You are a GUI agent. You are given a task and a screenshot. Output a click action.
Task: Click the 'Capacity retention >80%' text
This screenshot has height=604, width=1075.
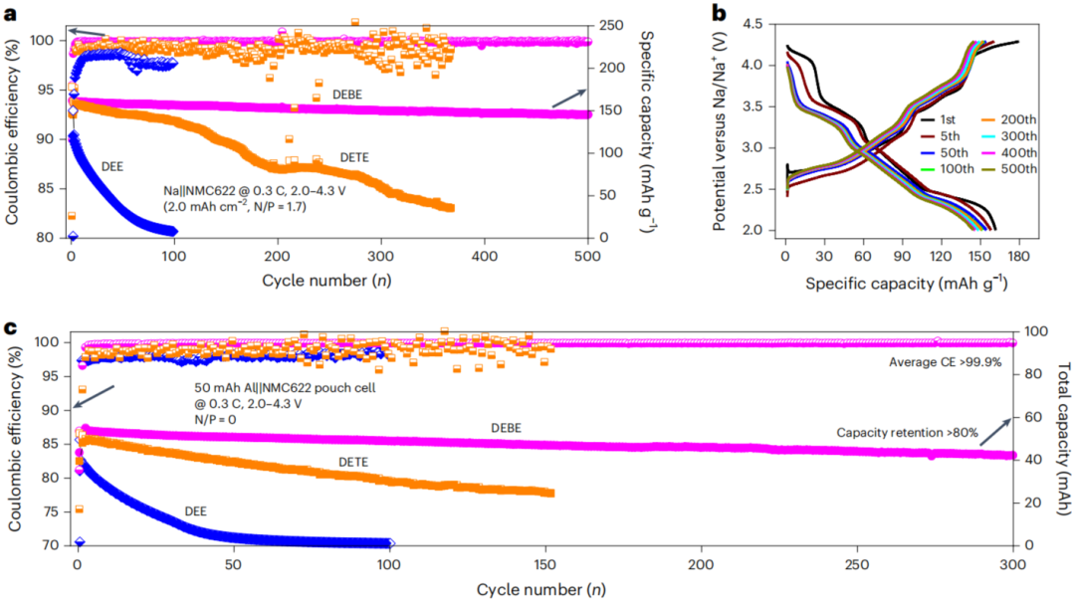(x=907, y=433)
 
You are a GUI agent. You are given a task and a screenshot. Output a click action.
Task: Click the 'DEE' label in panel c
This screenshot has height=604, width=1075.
(x=197, y=510)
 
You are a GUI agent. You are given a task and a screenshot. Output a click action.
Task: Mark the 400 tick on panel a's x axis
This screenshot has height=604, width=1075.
(x=484, y=255)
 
